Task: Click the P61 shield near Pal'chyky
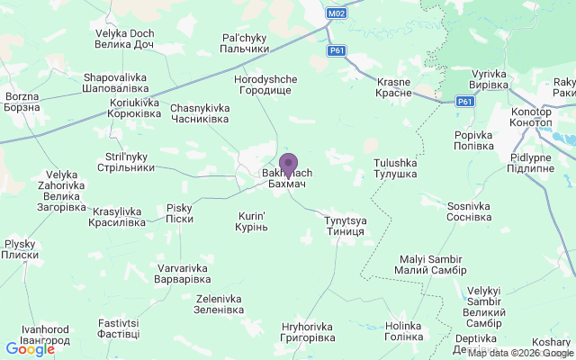[337, 51]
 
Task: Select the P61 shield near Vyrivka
[464, 102]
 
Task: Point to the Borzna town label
[22, 101]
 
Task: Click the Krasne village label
[392, 87]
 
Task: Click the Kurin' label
[252, 221]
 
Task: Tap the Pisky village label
[180, 213]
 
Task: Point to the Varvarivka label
[183, 274]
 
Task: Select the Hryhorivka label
[308, 331]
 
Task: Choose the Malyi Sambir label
[431, 265]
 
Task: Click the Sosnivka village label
[469, 211]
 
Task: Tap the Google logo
[30, 349]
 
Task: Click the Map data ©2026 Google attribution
[520, 353]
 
